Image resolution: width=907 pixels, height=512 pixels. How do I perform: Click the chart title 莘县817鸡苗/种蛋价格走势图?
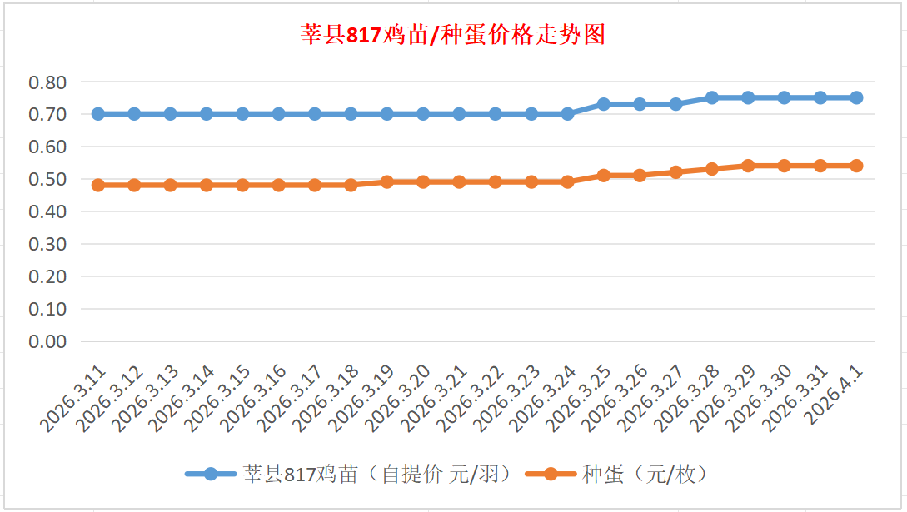click(453, 35)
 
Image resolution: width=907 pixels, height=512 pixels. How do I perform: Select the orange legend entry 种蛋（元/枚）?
click(645, 474)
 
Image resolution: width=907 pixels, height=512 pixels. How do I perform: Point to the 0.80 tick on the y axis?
click(47, 82)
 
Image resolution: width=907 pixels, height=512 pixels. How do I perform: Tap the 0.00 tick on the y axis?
click(47, 341)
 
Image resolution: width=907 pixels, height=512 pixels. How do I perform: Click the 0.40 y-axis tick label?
click(47, 211)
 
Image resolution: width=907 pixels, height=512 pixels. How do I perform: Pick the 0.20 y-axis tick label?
click(47, 276)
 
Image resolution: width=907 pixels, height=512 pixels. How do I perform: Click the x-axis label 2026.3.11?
click(73, 398)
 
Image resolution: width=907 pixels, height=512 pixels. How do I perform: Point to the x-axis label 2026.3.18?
click(326, 398)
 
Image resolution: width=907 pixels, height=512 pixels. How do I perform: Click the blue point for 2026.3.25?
click(604, 104)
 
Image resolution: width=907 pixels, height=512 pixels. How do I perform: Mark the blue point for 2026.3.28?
click(712, 97)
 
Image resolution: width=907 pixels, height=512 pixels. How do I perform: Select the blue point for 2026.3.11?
click(98, 113)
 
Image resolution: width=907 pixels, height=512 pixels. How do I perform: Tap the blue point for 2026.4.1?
click(856, 97)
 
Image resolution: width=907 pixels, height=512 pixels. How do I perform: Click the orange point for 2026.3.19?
click(387, 181)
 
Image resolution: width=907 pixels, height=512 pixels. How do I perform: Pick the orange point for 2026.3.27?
click(676, 172)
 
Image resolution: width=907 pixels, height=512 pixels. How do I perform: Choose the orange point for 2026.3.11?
click(98, 185)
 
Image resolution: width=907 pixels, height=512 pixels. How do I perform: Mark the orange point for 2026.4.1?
click(856, 166)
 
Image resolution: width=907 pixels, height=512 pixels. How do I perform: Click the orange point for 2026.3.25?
click(604, 176)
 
